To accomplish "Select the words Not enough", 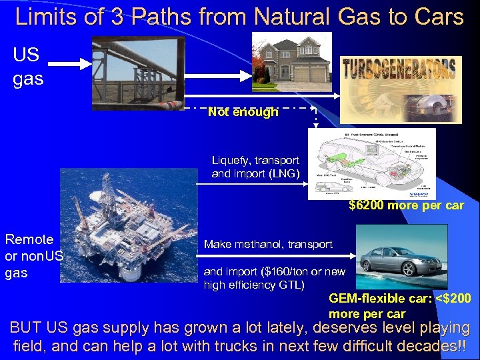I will coord(243,113).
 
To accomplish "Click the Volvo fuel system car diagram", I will coord(371,164).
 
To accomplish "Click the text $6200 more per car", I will coord(406,205).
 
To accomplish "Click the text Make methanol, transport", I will coord(268,244).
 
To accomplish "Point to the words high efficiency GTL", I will coord(254,285).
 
